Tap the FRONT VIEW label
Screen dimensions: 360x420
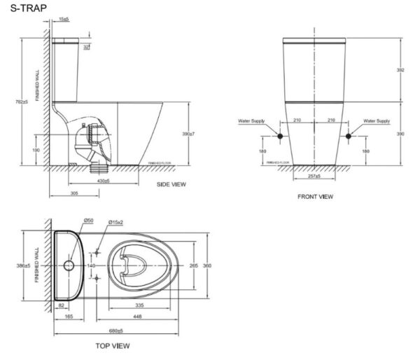point(315,197)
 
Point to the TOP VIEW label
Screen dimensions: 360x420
point(111,346)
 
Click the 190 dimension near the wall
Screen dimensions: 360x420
point(35,149)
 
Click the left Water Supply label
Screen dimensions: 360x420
point(251,120)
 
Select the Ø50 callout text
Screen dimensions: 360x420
point(89,221)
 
